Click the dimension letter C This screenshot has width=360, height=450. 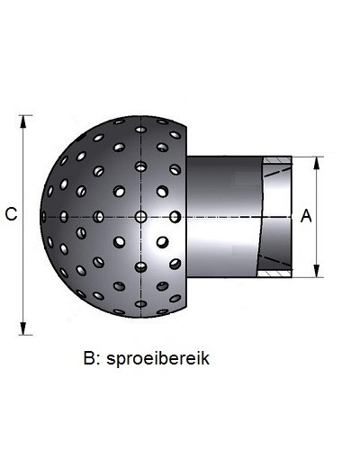(x=11, y=214)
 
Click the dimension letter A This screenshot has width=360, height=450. (x=306, y=216)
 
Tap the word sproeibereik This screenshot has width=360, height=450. (x=157, y=358)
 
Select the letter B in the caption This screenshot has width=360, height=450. (x=89, y=358)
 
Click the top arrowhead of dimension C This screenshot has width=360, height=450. (x=23, y=122)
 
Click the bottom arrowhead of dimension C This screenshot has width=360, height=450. (x=23, y=328)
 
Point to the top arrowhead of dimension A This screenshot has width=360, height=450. (x=317, y=164)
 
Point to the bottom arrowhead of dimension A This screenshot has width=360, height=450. (x=317, y=271)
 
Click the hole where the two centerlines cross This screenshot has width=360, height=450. (x=140, y=217)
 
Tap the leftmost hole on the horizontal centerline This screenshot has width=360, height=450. (x=44, y=217)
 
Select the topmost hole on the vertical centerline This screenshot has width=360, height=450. (x=140, y=130)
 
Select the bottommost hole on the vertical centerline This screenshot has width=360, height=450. (x=140, y=303)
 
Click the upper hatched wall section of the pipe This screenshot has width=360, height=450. (x=278, y=160)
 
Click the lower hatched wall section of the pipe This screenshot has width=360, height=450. (x=274, y=274)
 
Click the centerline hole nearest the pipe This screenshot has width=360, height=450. (x=175, y=217)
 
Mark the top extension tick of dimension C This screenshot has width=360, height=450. (x=25, y=115)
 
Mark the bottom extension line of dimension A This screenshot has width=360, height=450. (x=307, y=277)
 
